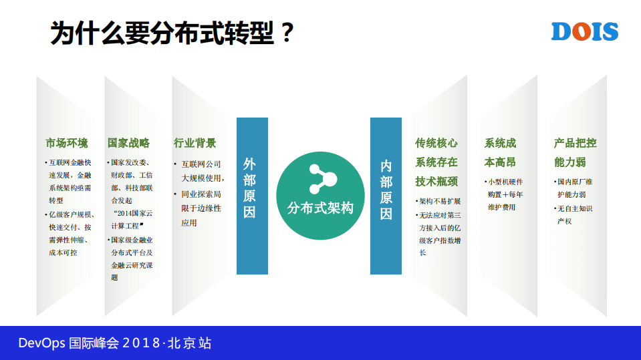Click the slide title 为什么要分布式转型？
[172, 33]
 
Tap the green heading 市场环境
[66, 143]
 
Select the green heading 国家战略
[128, 143]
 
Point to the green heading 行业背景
[195, 143]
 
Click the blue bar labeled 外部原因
[252, 196]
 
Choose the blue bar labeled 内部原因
[386, 196]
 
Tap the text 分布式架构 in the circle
[320, 208]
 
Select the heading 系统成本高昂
[501, 152]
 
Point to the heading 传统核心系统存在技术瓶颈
[436, 162]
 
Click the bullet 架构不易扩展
[439, 201]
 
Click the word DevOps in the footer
[41, 344]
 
